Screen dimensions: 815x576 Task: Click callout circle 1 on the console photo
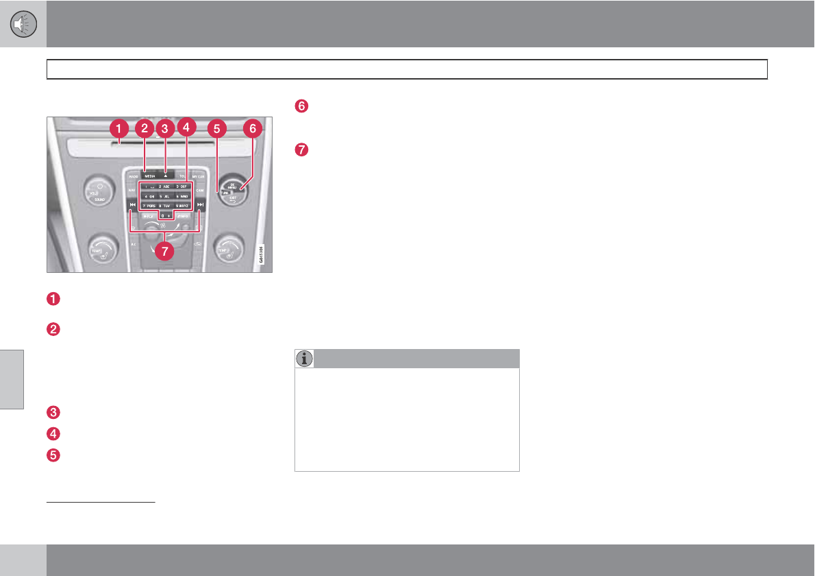(119, 128)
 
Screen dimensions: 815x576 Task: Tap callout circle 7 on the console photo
(163, 251)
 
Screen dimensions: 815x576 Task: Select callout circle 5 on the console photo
(217, 128)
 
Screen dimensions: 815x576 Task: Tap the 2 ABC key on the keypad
(164, 186)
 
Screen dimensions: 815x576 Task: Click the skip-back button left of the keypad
(130, 205)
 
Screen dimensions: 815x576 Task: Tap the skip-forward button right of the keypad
(200, 205)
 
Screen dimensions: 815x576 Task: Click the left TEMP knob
(101, 249)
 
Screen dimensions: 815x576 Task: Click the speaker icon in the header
(23, 24)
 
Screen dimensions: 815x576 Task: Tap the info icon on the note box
(305, 359)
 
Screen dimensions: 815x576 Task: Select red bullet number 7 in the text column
(301, 148)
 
